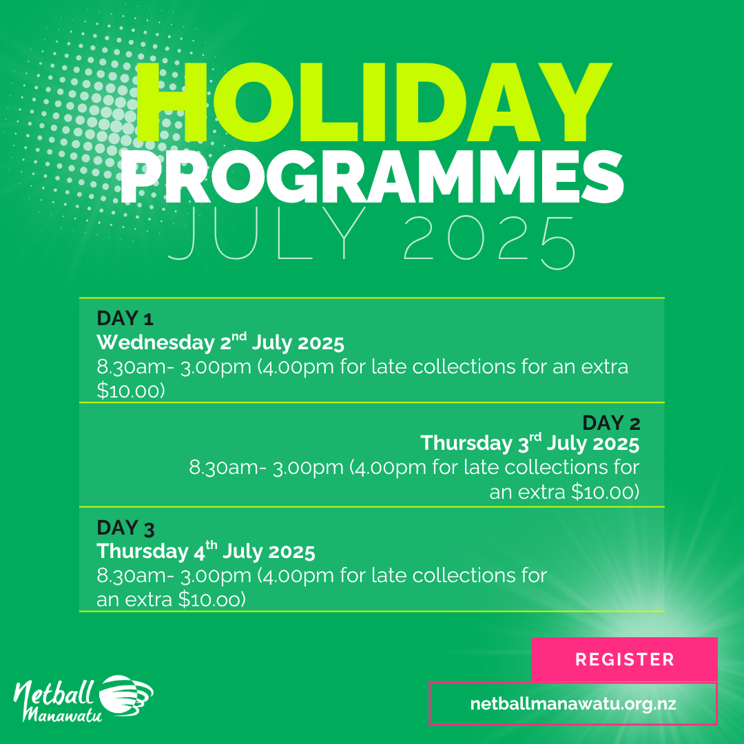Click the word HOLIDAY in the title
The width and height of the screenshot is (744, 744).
[x=373, y=103]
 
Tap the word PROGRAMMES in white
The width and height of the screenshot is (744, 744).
[x=372, y=177]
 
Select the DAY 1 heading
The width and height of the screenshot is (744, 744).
[x=125, y=318]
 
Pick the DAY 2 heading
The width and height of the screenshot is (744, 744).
[x=611, y=423]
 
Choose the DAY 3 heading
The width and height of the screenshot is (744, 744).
[x=125, y=528]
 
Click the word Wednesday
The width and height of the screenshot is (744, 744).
[x=156, y=342]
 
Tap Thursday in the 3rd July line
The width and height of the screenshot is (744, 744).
[x=466, y=443]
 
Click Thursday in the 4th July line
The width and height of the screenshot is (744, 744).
[x=143, y=551]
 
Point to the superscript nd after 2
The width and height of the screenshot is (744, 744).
[x=239, y=336]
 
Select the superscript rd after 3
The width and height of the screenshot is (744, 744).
[x=535, y=437]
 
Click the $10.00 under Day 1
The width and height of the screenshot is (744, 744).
[x=130, y=391]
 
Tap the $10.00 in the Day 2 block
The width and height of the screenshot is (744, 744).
[x=605, y=492]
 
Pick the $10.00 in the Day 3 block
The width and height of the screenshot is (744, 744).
[x=211, y=599]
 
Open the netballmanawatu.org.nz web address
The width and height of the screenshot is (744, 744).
[x=572, y=703]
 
